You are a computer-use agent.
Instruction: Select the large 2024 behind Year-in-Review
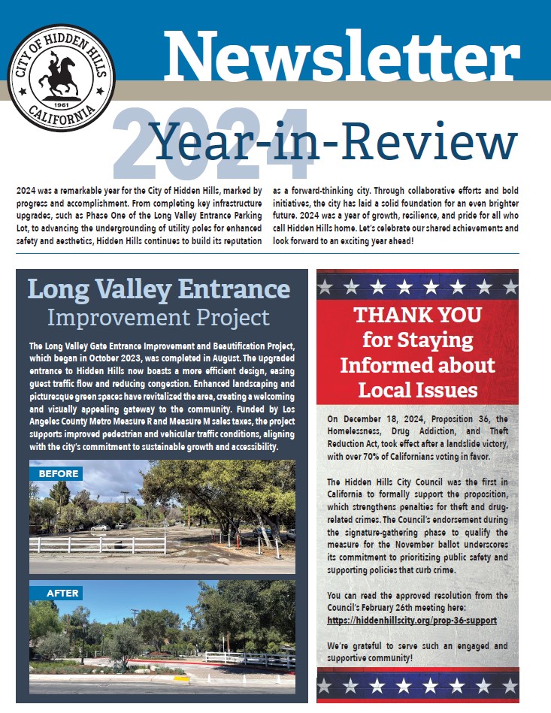(214, 142)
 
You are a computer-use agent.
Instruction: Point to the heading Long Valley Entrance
(159, 289)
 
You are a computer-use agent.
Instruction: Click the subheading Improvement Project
(159, 318)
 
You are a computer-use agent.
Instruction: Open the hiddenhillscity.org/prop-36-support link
(412, 621)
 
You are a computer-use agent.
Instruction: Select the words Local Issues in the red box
(418, 390)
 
